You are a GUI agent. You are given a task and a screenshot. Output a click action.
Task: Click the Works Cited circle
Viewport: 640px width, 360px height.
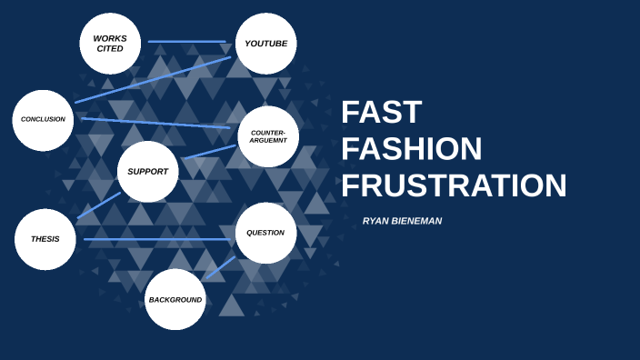tap(110, 44)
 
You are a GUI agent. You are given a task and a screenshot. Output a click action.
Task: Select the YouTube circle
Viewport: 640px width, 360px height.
tap(266, 44)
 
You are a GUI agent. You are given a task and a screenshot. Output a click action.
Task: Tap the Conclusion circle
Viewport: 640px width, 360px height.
tap(43, 120)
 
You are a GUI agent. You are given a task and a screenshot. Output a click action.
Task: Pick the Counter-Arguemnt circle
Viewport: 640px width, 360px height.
tap(268, 136)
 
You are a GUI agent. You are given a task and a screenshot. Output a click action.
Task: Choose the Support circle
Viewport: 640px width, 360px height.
tap(147, 172)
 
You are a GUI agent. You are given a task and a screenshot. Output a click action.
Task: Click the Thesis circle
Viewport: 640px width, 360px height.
tap(45, 239)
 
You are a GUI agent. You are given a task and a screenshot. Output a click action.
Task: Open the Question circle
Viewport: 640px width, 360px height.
tap(265, 233)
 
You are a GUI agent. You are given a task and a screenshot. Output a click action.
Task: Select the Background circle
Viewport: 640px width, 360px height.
tap(175, 299)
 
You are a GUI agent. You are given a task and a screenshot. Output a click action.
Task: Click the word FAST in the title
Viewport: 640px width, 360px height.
tap(382, 113)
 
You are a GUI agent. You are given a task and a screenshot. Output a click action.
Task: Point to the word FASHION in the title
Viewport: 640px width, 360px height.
tap(412, 149)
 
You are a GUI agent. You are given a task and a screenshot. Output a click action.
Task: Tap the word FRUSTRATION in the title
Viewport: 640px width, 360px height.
tap(454, 185)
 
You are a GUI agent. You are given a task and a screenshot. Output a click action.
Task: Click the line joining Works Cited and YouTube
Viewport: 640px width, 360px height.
tap(187, 42)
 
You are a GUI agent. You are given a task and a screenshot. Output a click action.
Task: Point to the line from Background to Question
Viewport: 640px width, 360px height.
tap(220, 267)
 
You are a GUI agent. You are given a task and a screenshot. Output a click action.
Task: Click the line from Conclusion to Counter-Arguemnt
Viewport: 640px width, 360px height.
tap(155, 123)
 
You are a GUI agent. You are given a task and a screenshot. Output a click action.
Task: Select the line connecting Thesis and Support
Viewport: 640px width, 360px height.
tap(99, 205)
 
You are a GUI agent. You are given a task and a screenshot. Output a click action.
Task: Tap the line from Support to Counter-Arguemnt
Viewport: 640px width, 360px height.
tap(209, 152)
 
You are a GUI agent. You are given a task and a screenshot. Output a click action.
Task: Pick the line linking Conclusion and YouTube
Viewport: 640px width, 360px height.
tap(153, 80)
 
